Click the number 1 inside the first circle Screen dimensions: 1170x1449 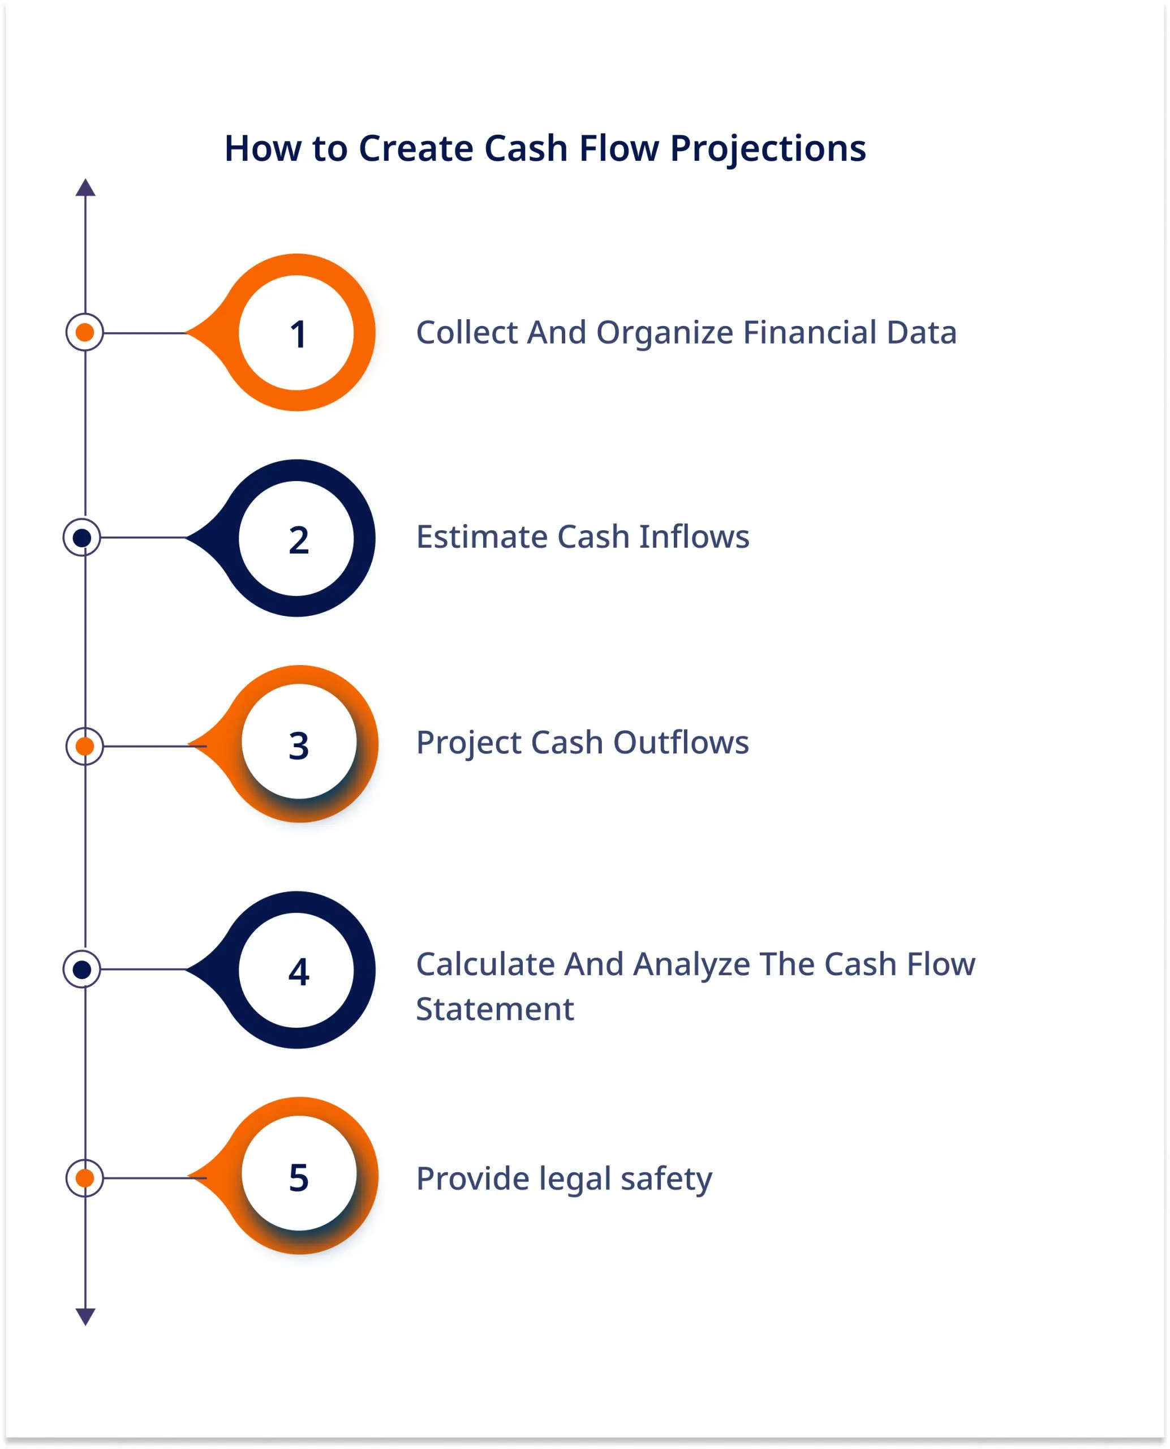pos(299,334)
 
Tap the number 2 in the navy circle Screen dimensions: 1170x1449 pos(299,540)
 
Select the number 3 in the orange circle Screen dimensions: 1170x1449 pos(299,746)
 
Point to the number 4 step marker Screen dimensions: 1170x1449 pos(299,972)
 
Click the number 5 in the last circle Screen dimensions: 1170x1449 pos(299,1177)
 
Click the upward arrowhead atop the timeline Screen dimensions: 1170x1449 pos(85,187)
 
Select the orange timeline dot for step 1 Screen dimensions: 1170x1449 pos(85,332)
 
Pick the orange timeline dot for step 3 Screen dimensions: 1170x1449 pos(85,747)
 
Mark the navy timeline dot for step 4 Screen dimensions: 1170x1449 pos(82,970)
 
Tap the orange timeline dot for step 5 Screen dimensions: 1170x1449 pos(85,1178)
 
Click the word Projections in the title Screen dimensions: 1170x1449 pos(768,149)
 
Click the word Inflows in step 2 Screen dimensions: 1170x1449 pos(694,537)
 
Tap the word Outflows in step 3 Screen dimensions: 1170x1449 pos(681,743)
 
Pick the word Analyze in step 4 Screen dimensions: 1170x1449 pos(691,966)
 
